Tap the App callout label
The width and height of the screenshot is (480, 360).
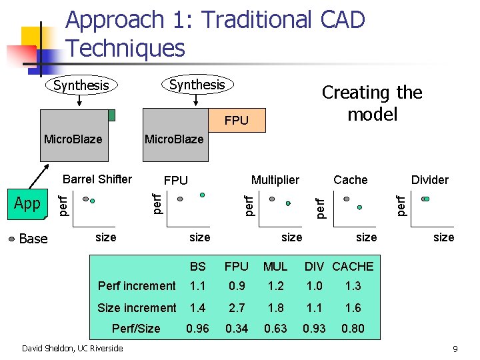(27, 203)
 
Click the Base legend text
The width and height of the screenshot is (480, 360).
(33, 238)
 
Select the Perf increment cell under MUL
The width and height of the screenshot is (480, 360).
(275, 286)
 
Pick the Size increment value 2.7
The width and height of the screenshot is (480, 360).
(236, 307)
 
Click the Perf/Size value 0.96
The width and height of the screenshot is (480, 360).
(197, 328)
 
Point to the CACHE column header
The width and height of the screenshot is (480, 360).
(353, 266)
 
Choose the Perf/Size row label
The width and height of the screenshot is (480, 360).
(136, 328)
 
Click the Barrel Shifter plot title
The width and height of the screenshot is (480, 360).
(97, 179)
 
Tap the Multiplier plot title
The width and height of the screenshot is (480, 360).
(275, 179)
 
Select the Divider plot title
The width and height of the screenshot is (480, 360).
(429, 179)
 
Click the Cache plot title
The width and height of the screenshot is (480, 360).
(351, 179)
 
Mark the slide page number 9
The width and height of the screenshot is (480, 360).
(455, 349)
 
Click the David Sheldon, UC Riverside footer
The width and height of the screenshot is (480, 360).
(73, 348)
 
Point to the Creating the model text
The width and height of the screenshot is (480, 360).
(372, 103)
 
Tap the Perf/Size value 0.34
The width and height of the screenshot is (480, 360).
(236, 328)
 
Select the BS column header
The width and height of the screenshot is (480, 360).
(197, 266)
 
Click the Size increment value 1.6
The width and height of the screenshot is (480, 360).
(353, 307)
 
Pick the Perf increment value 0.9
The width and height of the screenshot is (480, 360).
(236, 286)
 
